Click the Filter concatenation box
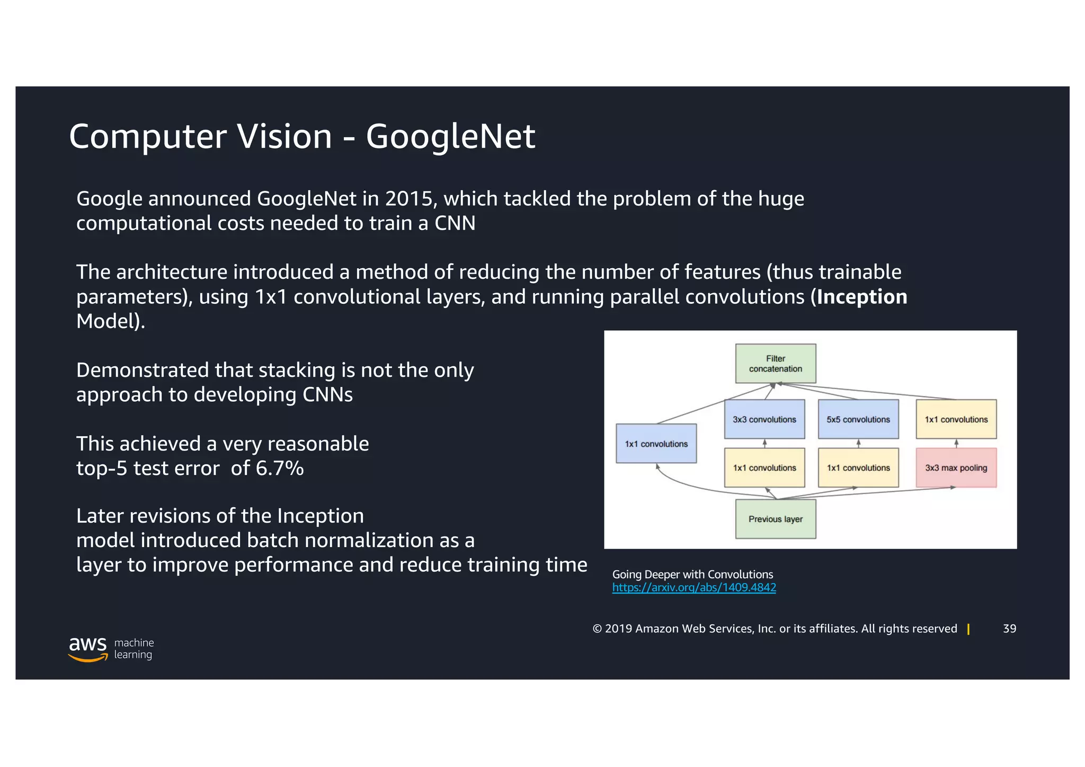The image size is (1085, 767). tap(775, 364)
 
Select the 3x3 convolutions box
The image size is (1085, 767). tap(764, 419)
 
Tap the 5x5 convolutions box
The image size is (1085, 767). tap(858, 419)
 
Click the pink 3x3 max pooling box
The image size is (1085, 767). tap(956, 468)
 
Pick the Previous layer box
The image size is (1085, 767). tap(775, 519)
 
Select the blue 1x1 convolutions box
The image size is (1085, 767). tap(656, 444)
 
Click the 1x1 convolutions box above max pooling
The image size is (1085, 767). tap(956, 419)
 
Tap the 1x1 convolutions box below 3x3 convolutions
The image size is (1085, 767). tap(764, 468)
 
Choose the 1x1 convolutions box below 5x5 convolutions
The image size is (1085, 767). tap(858, 468)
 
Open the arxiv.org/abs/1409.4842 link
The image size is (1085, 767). tap(693, 588)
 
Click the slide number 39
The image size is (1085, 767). tap(1009, 629)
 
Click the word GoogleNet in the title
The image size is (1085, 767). tap(450, 136)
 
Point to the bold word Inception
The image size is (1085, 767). tap(861, 297)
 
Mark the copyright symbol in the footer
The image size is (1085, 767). tap(597, 629)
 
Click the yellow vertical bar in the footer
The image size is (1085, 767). tap(968, 629)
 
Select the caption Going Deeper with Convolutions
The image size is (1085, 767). tap(692, 575)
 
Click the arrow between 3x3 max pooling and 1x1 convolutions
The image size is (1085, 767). tap(956, 444)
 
